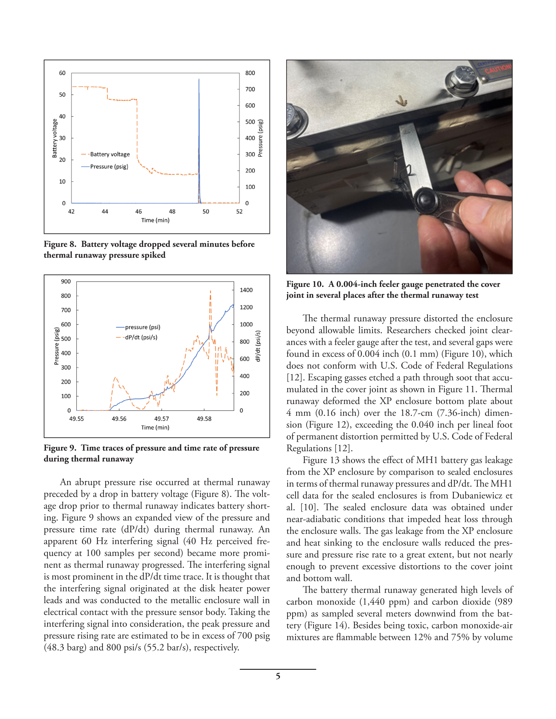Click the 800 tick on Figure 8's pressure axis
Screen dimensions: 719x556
tap(250, 73)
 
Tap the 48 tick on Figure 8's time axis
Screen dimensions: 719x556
tap(172, 212)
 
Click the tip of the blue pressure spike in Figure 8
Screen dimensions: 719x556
tap(199, 79)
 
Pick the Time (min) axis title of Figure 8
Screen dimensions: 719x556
tap(155, 220)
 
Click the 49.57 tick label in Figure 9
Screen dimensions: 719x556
tap(161, 419)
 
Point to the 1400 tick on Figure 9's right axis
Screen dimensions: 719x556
tap(246, 290)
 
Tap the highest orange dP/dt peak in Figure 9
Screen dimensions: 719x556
tap(210, 291)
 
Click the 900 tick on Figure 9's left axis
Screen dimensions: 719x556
tap(66, 281)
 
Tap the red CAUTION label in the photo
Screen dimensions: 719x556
tap(498, 70)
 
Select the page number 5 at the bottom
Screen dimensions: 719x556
tap(278, 676)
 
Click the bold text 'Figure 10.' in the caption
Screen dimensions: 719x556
tap(305, 284)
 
